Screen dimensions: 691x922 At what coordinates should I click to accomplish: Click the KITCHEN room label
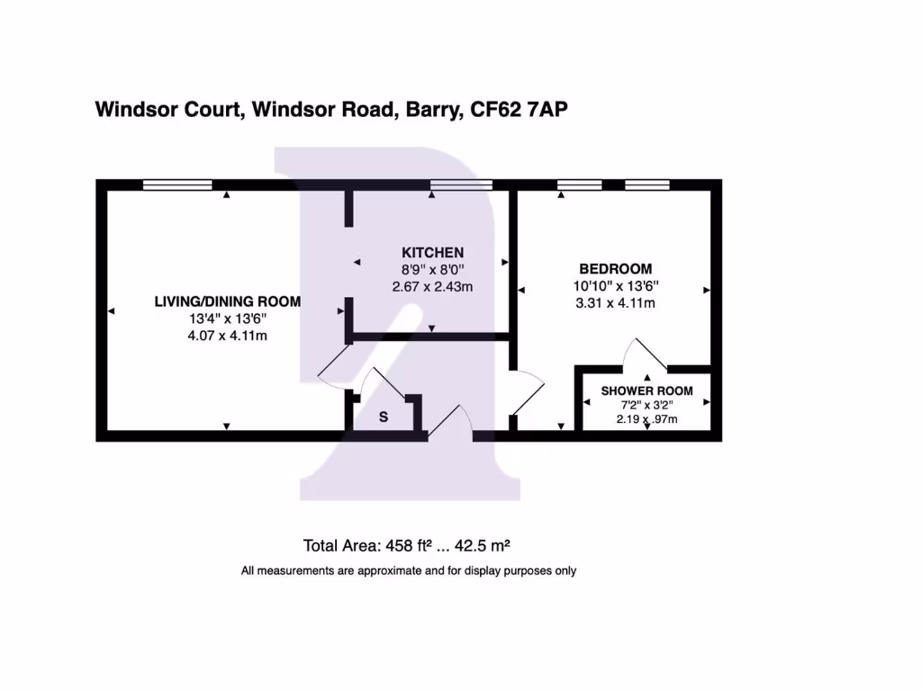tap(432, 252)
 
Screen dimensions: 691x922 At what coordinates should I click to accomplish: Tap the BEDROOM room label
tap(615, 269)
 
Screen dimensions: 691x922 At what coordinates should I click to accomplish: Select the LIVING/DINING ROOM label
tap(228, 301)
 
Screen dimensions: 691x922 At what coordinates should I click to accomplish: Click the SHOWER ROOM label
tap(646, 390)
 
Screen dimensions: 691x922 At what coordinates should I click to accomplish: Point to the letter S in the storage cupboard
tap(383, 417)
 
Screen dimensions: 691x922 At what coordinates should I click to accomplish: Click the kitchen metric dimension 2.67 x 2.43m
tap(432, 287)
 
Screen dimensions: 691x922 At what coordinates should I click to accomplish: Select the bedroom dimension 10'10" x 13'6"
tap(615, 286)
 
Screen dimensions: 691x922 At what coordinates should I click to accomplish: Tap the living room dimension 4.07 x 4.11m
tap(228, 336)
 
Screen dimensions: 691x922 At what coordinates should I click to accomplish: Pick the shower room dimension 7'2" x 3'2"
tap(646, 406)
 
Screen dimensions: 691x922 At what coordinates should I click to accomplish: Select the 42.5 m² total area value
tap(484, 545)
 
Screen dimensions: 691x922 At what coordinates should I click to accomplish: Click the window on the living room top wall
tap(177, 184)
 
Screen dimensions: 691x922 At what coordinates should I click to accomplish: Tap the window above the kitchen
tap(461, 184)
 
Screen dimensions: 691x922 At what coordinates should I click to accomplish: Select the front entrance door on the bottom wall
tap(450, 423)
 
